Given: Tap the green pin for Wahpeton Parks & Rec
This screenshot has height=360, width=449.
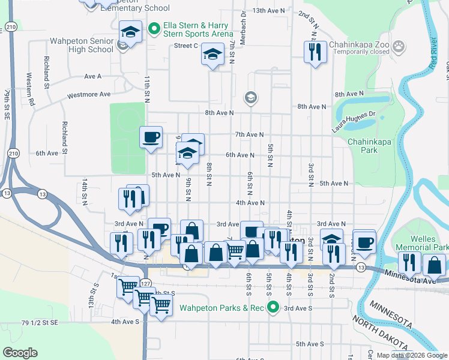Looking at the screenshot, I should pos(273,308).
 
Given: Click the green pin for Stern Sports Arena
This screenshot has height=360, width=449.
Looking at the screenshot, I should pos(154,28).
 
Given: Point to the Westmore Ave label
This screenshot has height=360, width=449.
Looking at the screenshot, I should pos(89,95).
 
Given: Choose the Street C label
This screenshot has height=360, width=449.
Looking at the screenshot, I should pos(186,46).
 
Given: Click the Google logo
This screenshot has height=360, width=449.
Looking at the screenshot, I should pos(20,353).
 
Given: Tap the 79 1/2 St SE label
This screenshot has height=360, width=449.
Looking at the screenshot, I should pos(40,323).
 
